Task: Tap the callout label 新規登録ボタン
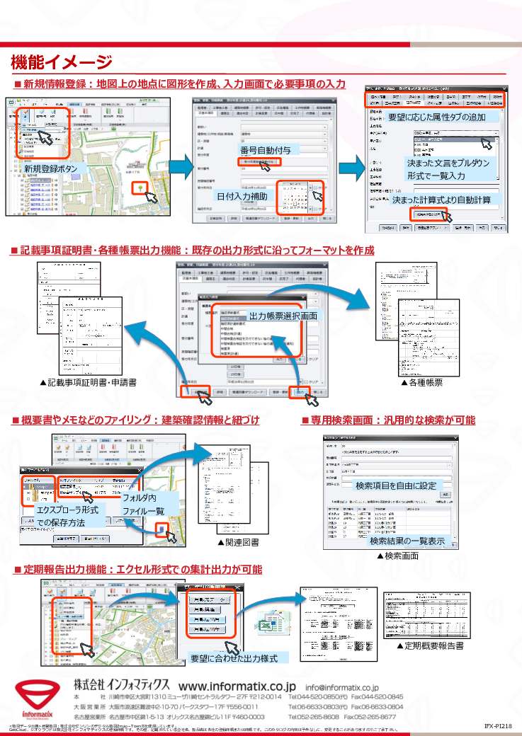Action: pyautogui.click(x=52, y=169)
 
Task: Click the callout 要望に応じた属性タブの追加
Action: pyautogui.click(x=436, y=116)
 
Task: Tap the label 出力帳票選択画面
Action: pyautogui.click(x=283, y=315)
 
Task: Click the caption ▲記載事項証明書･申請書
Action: pyautogui.click(x=88, y=382)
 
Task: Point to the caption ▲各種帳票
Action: pyautogui.click(x=422, y=382)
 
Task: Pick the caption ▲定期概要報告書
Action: pyautogui.click(x=429, y=646)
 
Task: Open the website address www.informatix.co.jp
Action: pyautogui.click(x=237, y=686)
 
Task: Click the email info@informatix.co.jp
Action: pyautogui.click(x=341, y=687)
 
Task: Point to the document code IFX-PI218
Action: pyautogui.click(x=498, y=726)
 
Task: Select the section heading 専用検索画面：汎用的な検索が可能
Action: pyautogui.click(x=388, y=420)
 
